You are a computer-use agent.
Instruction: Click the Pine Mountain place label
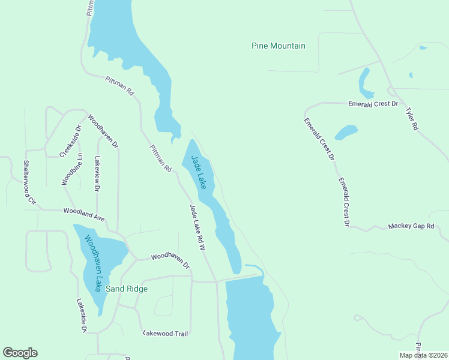(x=278, y=46)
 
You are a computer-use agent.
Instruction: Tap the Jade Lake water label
(x=199, y=173)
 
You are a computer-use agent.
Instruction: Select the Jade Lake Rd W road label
(x=197, y=227)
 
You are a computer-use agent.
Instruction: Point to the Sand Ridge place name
(x=126, y=289)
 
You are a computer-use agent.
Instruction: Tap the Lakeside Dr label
(x=82, y=316)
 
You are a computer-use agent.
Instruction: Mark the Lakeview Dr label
(x=97, y=174)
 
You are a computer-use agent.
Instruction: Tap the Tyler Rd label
(x=411, y=119)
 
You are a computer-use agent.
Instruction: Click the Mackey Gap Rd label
(x=411, y=226)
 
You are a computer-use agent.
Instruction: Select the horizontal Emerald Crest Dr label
(x=373, y=104)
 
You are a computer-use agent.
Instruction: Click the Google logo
(x=20, y=353)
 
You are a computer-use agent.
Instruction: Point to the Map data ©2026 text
(x=423, y=355)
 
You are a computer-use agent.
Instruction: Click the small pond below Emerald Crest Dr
(x=346, y=132)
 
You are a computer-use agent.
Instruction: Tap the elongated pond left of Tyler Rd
(x=365, y=84)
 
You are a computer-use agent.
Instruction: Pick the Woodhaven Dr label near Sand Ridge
(x=170, y=260)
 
